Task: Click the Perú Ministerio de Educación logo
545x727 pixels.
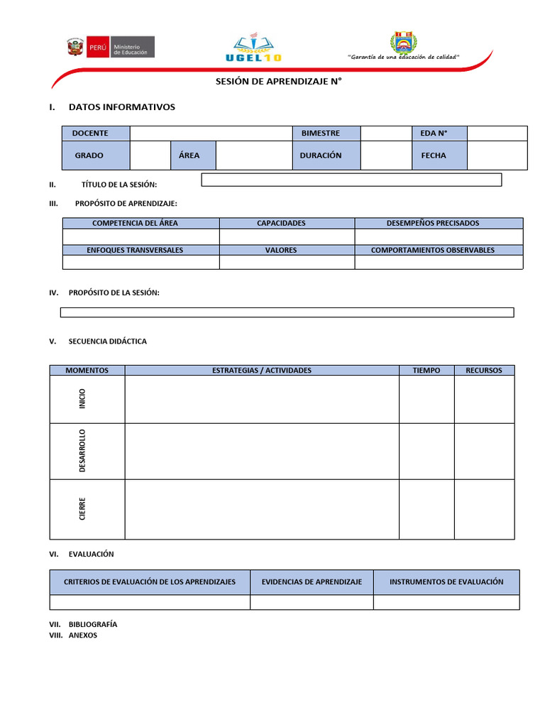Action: click(109, 48)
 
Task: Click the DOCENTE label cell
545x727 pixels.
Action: click(95, 133)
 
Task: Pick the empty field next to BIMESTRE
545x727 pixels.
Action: click(385, 133)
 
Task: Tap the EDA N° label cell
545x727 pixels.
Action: click(439, 133)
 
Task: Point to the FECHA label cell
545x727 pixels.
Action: click(439, 155)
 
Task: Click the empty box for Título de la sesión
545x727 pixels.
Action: click(351, 180)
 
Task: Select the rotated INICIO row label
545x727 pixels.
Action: click(83, 399)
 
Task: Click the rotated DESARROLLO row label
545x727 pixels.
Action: click(83, 451)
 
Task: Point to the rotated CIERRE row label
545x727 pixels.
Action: click(83, 508)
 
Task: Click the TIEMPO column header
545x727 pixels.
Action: click(426, 371)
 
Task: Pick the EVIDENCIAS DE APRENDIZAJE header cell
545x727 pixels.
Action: click(312, 582)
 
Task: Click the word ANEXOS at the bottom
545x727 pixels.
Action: click(83, 635)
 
